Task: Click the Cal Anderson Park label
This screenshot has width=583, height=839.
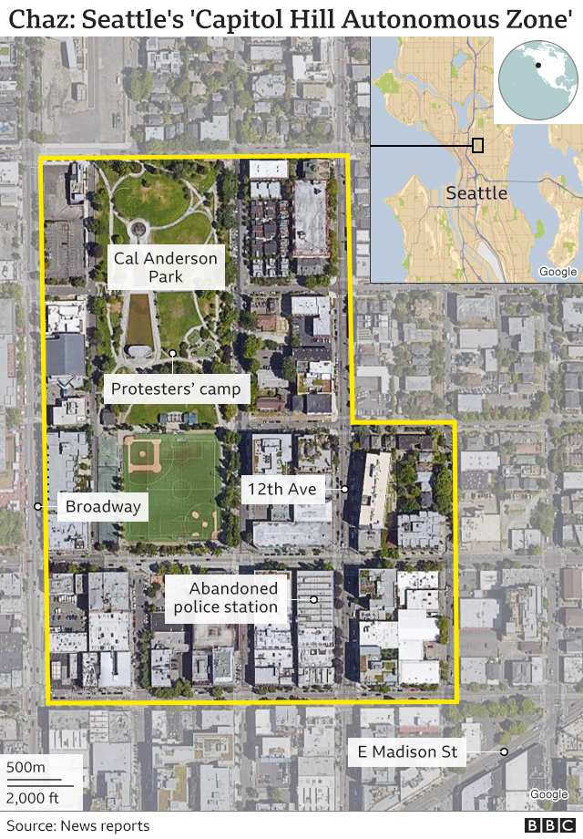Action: [x=166, y=267]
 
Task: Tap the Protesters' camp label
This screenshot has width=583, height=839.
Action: [x=176, y=389]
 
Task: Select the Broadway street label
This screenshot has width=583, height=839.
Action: [x=103, y=506]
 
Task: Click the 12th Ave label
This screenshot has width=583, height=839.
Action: [x=281, y=490]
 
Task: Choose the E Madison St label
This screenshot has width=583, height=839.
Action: [x=408, y=752]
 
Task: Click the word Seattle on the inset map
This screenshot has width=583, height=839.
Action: [x=476, y=193]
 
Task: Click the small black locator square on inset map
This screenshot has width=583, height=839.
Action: [x=477, y=145]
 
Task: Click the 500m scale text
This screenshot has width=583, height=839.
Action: [x=26, y=767]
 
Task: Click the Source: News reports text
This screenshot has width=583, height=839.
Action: [x=77, y=825]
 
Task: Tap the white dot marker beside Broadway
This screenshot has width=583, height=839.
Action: [x=37, y=506]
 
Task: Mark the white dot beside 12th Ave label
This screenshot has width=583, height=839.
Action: [x=345, y=490]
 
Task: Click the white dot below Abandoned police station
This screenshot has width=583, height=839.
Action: [x=312, y=599]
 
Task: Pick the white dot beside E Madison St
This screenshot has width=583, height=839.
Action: [x=503, y=752]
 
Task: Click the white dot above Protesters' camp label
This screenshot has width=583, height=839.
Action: [x=172, y=353]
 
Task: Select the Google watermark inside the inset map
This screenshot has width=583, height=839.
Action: [x=557, y=272]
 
